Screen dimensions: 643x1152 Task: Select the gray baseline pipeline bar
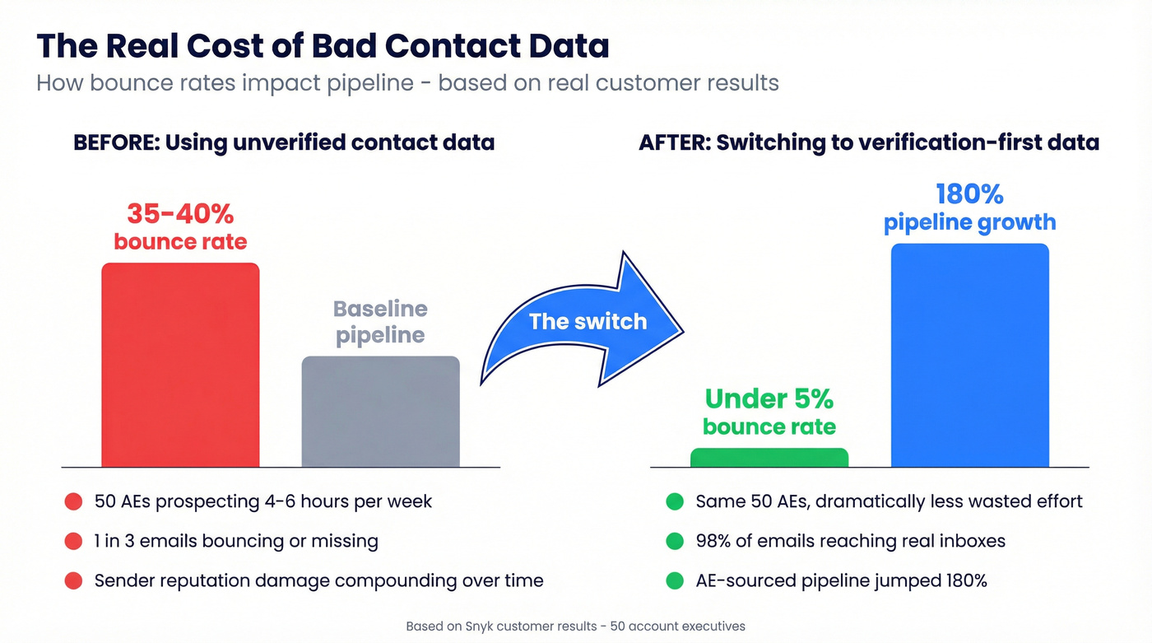tap(380, 412)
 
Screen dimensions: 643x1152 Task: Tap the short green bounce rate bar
tap(769, 458)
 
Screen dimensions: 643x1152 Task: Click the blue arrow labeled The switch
tap(586, 321)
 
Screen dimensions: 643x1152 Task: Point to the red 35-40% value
tap(180, 214)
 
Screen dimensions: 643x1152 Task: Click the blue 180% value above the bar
tap(969, 194)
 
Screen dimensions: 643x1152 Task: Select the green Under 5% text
tap(769, 399)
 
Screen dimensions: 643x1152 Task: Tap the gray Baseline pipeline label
tap(380, 322)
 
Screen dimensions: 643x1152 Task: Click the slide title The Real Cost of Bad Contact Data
tap(323, 46)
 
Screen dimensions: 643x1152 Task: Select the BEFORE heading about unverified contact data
tap(284, 142)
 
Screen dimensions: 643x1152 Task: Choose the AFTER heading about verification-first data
tap(869, 142)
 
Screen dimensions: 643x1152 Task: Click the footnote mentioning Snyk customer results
tap(575, 627)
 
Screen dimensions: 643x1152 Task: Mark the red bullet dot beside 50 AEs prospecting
tap(73, 501)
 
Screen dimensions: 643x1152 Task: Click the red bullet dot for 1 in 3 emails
tap(73, 541)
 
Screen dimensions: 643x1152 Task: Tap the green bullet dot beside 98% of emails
tap(675, 541)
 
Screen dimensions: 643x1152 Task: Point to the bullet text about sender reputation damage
tap(318, 580)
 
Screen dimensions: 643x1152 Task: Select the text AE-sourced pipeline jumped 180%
tap(841, 580)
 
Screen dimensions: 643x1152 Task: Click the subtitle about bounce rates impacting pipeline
tap(407, 83)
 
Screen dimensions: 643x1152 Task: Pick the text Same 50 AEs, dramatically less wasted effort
tap(889, 501)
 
